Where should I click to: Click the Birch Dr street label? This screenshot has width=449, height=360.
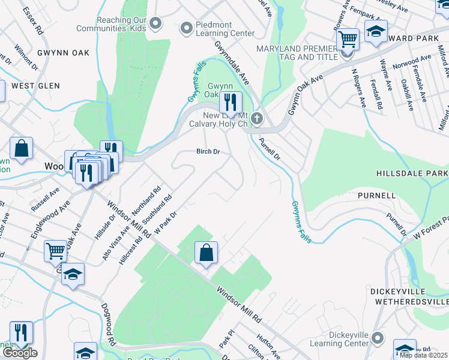click(208, 152)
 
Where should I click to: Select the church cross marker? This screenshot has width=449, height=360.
click(257, 118)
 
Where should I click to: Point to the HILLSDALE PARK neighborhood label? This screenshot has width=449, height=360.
click(412, 173)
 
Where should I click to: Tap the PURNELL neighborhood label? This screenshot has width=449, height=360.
click(376, 196)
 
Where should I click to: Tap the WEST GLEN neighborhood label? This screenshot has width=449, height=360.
click(35, 86)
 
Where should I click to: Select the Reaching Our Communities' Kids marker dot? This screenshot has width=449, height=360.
click(156, 24)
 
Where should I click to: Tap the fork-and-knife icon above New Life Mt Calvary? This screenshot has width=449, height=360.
click(230, 101)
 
